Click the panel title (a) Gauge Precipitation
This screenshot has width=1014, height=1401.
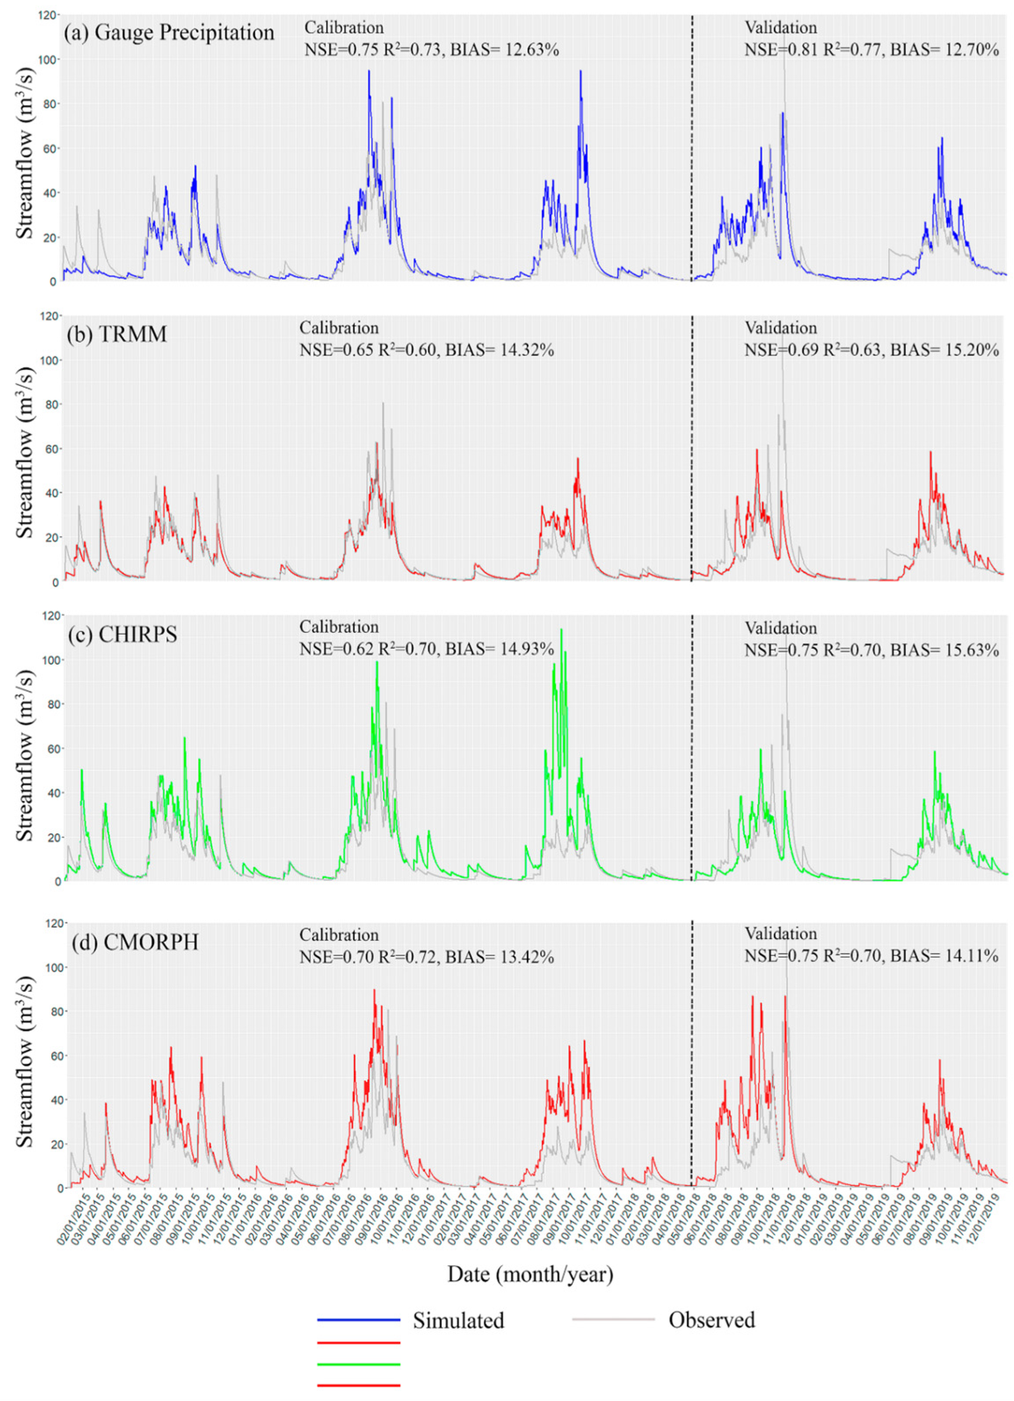(x=169, y=32)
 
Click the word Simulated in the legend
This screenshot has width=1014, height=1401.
(x=458, y=1320)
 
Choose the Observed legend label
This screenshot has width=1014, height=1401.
(x=711, y=1320)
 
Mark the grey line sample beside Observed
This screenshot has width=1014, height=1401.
(x=613, y=1320)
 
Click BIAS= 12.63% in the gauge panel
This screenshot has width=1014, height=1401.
(x=504, y=49)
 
